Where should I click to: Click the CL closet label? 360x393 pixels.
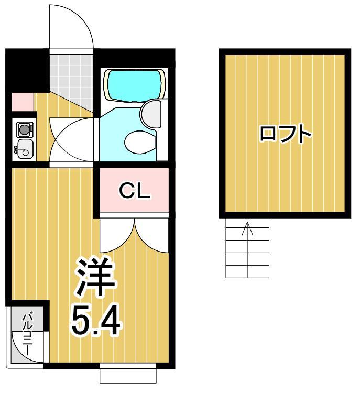tap(135, 191)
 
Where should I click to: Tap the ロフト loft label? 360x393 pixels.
tap(286, 134)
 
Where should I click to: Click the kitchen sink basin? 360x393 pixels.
tap(24, 149)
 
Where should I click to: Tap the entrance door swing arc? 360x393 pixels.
tap(71, 26)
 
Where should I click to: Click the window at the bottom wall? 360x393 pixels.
tap(128, 375)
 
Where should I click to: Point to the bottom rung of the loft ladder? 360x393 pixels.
tap(247, 272)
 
